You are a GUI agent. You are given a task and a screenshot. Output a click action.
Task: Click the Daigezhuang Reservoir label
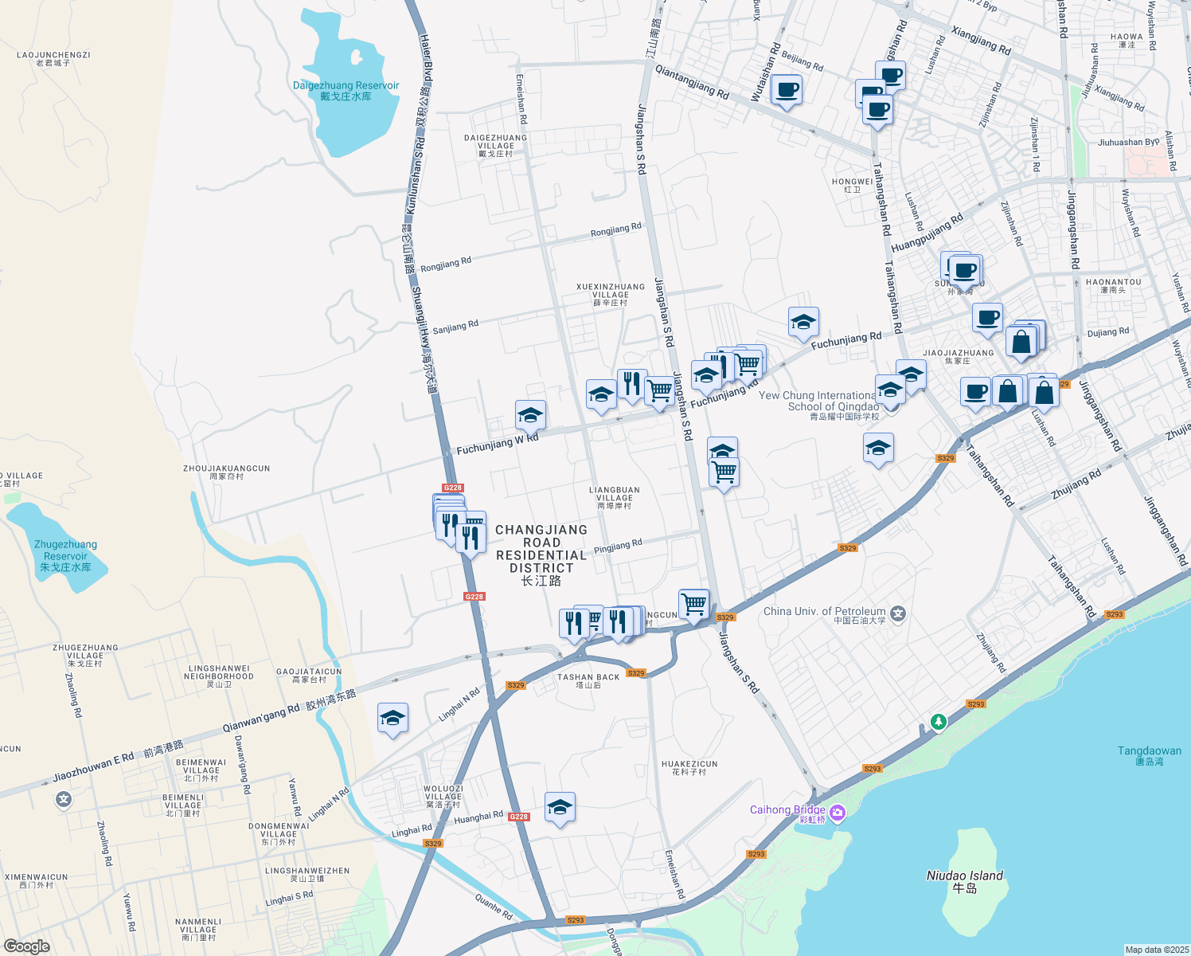point(346,91)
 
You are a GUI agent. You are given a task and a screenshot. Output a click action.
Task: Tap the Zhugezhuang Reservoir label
point(65,555)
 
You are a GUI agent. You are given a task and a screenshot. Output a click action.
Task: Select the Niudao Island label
point(964,880)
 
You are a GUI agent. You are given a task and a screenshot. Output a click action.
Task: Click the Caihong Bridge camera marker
point(837,813)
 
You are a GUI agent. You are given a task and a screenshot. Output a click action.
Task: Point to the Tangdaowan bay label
point(1149,755)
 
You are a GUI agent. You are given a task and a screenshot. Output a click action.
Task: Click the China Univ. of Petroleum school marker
point(898,613)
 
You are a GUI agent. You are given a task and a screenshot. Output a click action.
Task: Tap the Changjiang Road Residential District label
point(541,554)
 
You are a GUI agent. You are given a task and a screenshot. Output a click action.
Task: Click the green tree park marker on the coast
point(939,722)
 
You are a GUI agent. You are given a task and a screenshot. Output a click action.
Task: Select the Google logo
point(26,946)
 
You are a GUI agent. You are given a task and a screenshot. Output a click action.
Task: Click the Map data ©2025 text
point(1156,950)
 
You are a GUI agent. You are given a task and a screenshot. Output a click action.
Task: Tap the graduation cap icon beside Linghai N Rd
point(392,719)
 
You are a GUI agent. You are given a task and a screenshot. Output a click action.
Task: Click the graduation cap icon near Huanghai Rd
point(560,808)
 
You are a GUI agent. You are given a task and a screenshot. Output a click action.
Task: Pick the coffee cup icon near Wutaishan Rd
point(787,90)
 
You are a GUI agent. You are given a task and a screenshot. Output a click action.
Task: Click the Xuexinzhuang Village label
point(611,294)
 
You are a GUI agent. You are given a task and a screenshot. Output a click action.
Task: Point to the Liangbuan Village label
point(614,498)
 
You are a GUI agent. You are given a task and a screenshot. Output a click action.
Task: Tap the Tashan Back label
point(588,680)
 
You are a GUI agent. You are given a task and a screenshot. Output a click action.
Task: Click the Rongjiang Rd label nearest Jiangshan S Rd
point(615,230)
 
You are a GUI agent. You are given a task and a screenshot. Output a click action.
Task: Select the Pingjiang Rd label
point(618,547)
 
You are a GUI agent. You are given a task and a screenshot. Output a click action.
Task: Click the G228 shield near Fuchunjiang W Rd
point(452,488)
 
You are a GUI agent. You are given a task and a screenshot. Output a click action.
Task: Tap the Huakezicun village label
point(689,767)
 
